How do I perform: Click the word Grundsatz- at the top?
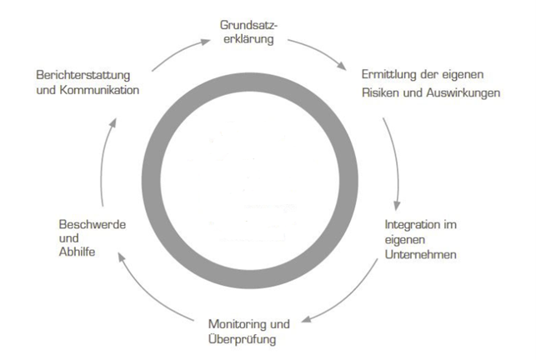pos(248,24)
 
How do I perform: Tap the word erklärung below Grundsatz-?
pos(248,40)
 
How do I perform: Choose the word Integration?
pos(413,225)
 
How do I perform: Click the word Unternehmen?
pos(420,254)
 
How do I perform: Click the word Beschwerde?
pos(92,225)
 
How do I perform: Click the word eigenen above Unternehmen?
pos(403,240)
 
